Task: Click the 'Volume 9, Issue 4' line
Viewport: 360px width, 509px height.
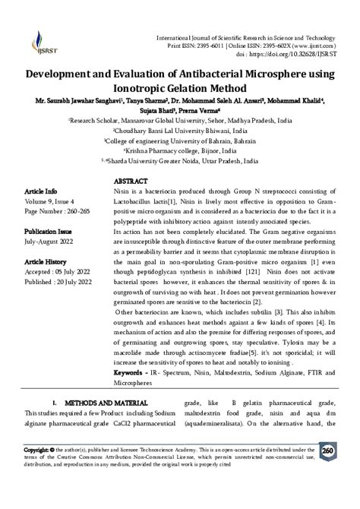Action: pyautogui.click(x=49, y=203)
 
